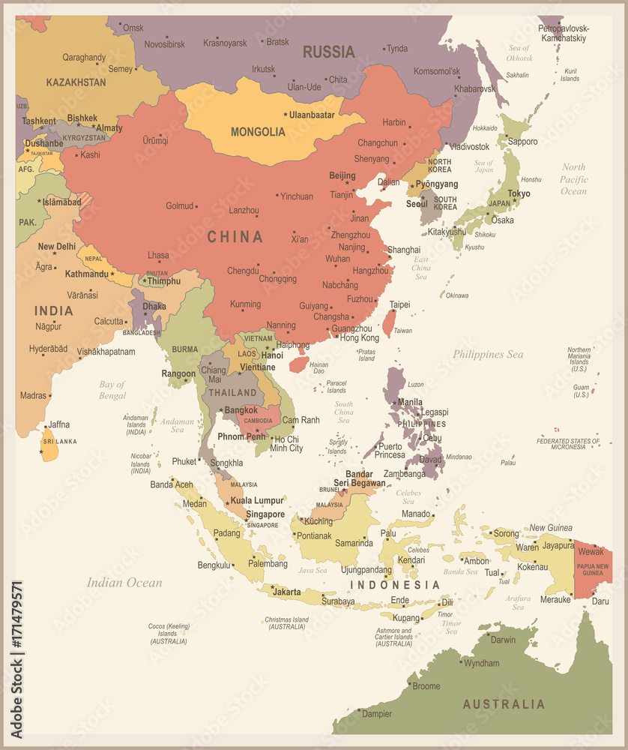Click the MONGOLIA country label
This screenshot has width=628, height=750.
pos(258,132)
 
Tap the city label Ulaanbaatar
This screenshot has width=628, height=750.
pos(312,115)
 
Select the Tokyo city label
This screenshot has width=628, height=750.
pos(519,193)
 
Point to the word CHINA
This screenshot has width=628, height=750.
pos(235,237)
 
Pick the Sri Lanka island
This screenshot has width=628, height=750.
pos(49,444)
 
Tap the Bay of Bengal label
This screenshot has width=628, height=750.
pos(112,390)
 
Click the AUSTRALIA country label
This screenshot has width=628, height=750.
pos(504,704)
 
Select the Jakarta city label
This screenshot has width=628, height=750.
pos(286,592)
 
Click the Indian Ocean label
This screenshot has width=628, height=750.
pos(124,583)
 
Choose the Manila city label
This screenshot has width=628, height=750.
pos(409,402)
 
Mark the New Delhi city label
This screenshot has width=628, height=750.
pos(57,246)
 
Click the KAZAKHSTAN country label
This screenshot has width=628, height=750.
pos(76,82)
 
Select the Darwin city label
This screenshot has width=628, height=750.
pos(503,640)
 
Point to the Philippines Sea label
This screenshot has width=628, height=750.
pos(488,354)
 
